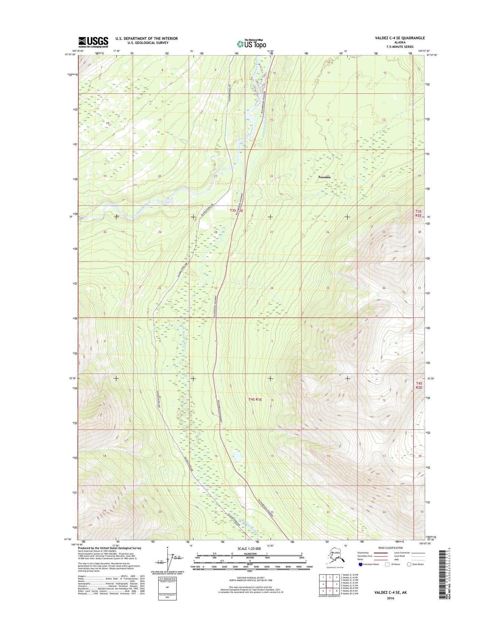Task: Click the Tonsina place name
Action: click(x=324, y=177)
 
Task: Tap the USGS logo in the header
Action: click(x=93, y=42)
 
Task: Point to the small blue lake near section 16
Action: click(x=237, y=456)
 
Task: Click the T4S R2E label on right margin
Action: click(x=419, y=385)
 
